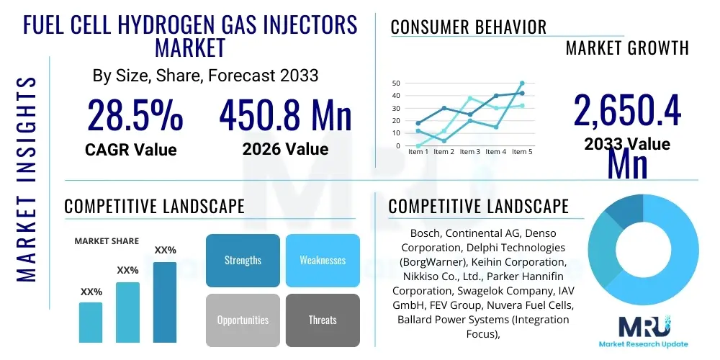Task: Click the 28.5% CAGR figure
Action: [135, 115]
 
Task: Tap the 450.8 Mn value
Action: [285, 115]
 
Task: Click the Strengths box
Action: [243, 260]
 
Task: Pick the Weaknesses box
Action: [323, 260]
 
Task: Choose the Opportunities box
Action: [243, 320]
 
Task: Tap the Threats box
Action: [323, 320]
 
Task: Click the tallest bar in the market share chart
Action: [165, 302]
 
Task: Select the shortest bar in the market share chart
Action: [91, 322]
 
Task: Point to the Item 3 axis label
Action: [469, 152]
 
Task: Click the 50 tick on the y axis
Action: [396, 83]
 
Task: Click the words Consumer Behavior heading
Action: [469, 27]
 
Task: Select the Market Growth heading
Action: [627, 48]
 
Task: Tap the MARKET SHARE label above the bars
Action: [107, 241]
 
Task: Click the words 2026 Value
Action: [285, 149]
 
